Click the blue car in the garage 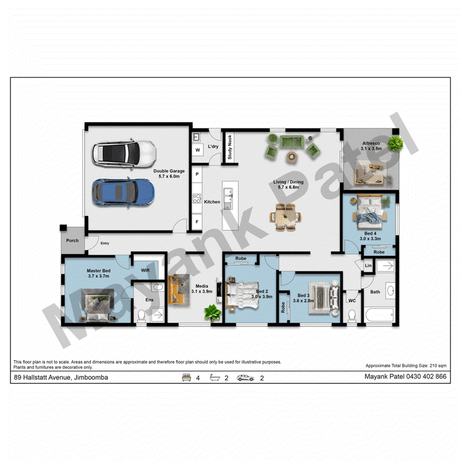pyautogui.click(x=123, y=192)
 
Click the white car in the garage pyautogui.click(x=124, y=154)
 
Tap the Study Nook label pyautogui.click(x=229, y=147)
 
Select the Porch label pyautogui.click(x=73, y=240)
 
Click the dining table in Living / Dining pyautogui.click(x=285, y=217)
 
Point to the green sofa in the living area pyautogui.click(x=292, y=142)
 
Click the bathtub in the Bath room pyautogui.click(x=380, y=315)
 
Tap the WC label pyautogui.click(x=352, y=300)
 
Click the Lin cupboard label pyautogui.click(x=368, y=266)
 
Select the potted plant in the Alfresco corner pyautogui.click(x=395, y=143)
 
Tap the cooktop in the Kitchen pyautogui.click(x=197, y=198)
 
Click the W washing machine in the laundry pyautogui.click(x=198, y=150)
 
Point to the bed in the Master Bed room pyautogui.click(x=97, y=305)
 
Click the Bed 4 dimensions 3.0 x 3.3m pyautogui.click(x=370, y=239)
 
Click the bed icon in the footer pyautogui.click(x=186, y=377)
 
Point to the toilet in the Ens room pyautogui.click(x=142, y=316)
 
